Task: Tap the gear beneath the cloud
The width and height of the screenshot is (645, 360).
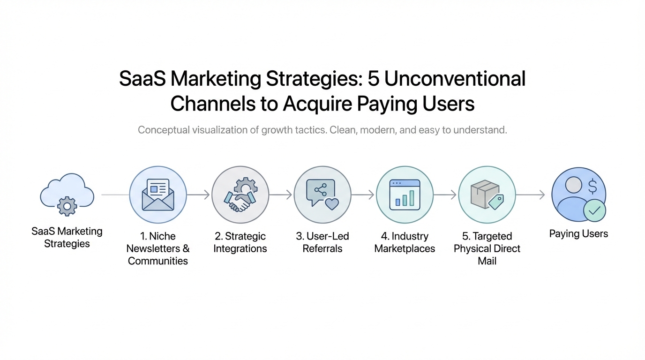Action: click(67, 206)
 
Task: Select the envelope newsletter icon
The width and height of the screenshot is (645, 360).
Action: click(158, 195)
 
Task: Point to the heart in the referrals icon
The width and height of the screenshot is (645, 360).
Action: click(332, 203)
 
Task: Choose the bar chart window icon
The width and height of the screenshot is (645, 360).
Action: click(405, 195)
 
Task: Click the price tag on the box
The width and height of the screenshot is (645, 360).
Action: click(496, 202)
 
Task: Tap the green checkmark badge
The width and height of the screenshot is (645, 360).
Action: click(594, 210)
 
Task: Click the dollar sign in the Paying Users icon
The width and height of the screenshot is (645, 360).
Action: click(592, 186)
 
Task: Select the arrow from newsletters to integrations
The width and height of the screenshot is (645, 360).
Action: click(198, 195)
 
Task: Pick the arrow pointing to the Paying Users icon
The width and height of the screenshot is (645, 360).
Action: click(530, 195)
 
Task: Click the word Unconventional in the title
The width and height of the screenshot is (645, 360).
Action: click(455, 79)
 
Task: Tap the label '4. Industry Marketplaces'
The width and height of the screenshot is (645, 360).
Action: click(405, 242)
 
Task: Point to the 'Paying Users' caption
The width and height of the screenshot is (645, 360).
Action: click(578, 233)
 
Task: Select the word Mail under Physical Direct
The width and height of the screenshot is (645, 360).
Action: click(487, 261)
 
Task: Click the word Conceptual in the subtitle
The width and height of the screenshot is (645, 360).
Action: click(164, 130)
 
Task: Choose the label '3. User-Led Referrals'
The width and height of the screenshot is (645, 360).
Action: click(322, 242)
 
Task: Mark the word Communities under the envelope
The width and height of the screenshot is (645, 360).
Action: click(158, 261)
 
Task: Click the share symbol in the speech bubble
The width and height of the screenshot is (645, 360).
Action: click(321, 190)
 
